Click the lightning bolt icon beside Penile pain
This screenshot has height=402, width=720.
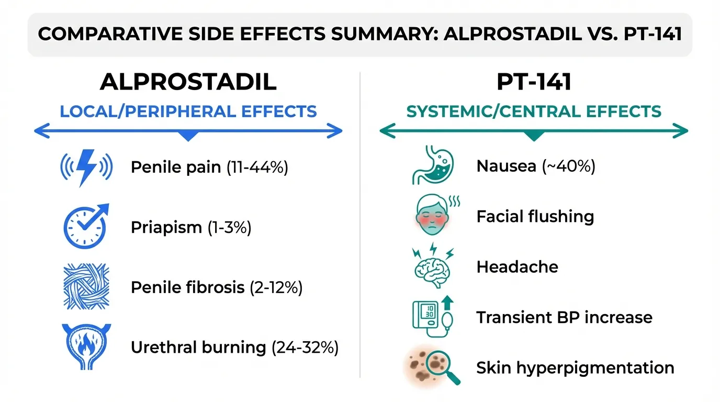[x=86, y=167]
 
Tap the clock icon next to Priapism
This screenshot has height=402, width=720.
[x=85, y=227]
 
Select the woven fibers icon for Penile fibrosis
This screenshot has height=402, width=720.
[x=86, y=286]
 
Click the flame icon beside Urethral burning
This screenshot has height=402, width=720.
[x=86, y=347]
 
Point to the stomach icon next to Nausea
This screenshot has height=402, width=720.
[x=433, y=165]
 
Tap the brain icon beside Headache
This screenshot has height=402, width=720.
[x=433, y=265]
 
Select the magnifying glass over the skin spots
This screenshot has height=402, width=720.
[x=442, y=366]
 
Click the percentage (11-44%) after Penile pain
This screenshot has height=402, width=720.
[x=257, y=167]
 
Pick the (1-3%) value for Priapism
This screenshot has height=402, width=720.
[x=230, y=227]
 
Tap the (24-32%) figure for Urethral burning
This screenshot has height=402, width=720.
[x=305, y=348]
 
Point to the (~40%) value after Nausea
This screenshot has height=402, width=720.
[x=569, y=166]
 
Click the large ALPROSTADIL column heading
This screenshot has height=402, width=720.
[x=188, y=82]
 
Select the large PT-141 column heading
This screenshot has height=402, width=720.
[x=534, y=82]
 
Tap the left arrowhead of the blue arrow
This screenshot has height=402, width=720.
[x=42, y=131]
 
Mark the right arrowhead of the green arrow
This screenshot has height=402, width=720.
[x=680, y=131]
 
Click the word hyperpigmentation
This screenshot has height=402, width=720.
[x=595, y=368]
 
